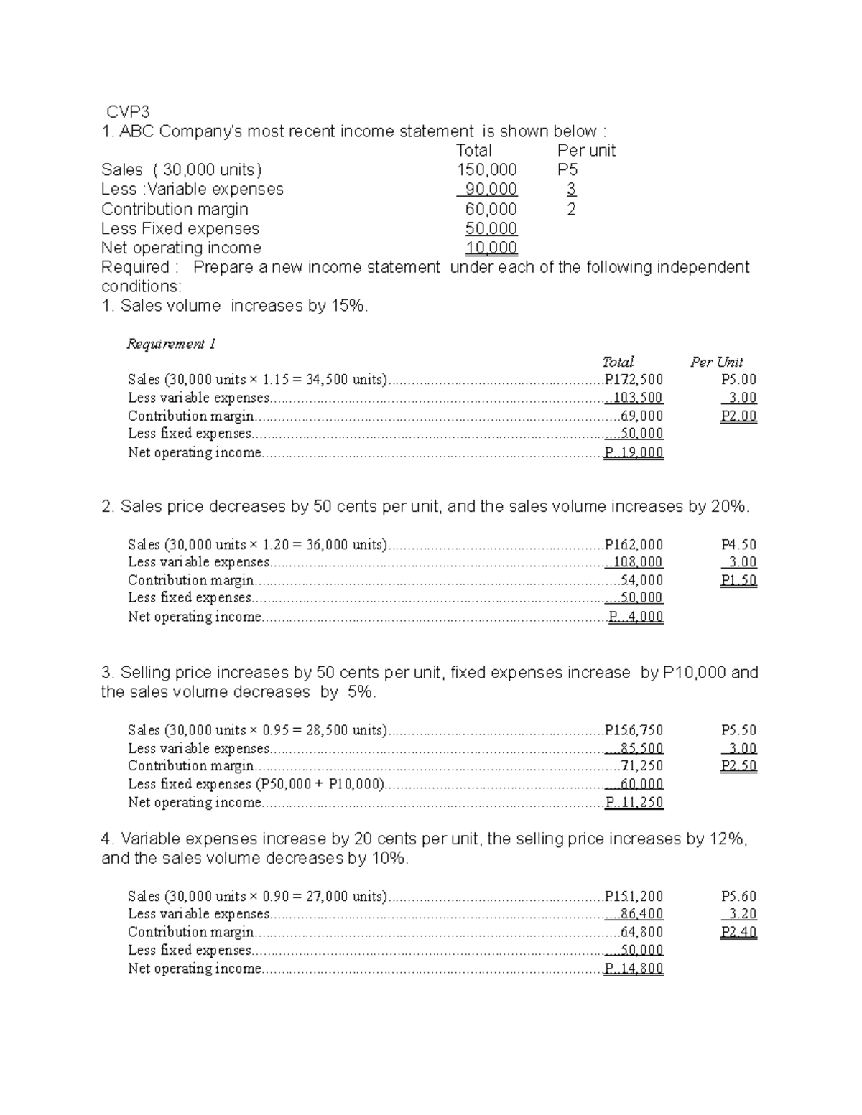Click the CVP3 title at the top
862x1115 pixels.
pos(128,112)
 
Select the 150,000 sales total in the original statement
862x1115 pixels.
pos(486,170)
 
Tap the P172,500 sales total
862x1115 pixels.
pos(634,380)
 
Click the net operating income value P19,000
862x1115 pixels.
pos(634,453)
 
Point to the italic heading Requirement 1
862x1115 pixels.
pos(171,344)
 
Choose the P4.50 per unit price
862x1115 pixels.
pos(738,545)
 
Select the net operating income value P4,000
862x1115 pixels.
pos(636,617)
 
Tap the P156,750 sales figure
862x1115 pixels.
pos(634,730)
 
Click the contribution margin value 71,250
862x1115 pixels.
pos(641,766)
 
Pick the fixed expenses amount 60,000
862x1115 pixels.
pos(640,784)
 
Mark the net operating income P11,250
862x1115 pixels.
pos(634,803)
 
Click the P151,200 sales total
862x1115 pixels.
pos(634,896)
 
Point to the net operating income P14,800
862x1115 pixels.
pos(634,969)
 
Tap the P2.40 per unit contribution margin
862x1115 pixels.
pos(738,932)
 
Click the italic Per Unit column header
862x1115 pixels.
pos(716,362)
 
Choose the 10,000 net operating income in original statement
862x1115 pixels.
pos(491,248)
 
